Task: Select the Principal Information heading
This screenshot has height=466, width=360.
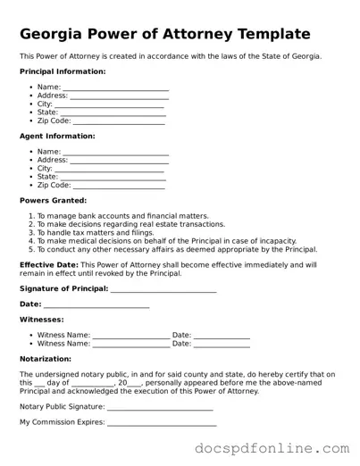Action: tap(62, 71)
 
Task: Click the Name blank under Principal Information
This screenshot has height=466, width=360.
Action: tap(115, 87)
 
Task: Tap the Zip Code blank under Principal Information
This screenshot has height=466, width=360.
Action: tap(118, 121)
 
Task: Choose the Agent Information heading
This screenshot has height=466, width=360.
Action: tap(57, 137)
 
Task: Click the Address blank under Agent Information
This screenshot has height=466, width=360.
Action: tap(119, 161)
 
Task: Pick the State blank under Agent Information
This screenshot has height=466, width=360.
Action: tap(113, 178)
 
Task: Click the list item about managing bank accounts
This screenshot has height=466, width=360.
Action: tap(122, 216)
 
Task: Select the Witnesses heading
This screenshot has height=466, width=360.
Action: tap(41, 319)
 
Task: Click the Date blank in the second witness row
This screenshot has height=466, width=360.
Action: tap(222, 344)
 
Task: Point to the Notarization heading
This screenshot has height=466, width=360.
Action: tap(46, 359)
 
